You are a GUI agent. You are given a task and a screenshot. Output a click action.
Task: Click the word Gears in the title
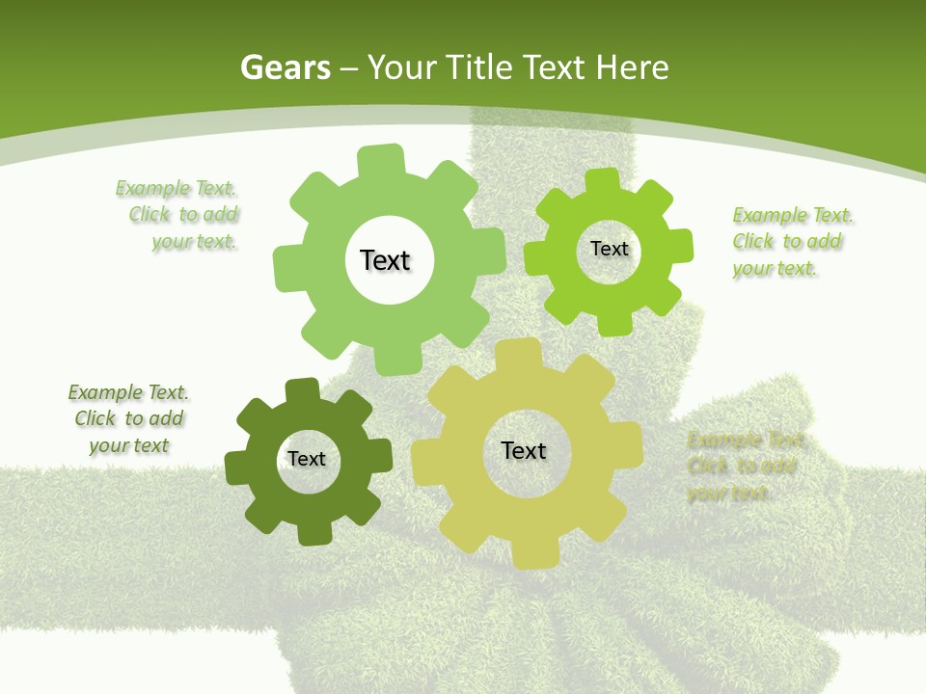pyautogui.click(x=286, y=67)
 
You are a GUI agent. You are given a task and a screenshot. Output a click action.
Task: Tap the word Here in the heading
pyautogui.click(x=632, y=67)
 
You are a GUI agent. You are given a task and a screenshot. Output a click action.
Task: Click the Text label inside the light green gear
pyautogui.click(x=385, y=260)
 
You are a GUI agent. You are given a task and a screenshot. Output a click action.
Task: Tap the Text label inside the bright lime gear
pyautogui.click(x=609, y=249)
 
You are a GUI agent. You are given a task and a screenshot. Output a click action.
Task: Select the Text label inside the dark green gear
pyautogui.click(x=307, y=459)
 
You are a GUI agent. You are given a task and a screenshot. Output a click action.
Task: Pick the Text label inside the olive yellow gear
pyautogui.click(x=524, y=450)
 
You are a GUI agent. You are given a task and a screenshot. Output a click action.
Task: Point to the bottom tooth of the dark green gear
pyautogui.click(x=314, y=533)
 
